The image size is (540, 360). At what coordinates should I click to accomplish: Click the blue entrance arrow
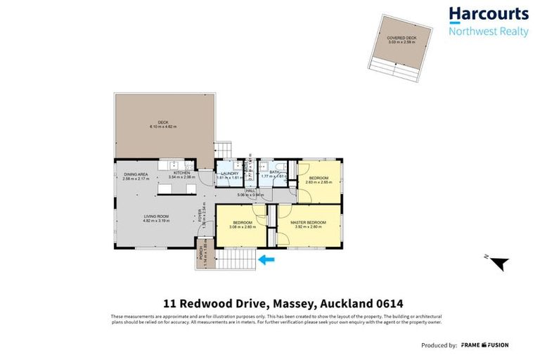tap(267, 259)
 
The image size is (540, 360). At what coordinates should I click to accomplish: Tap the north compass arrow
tap(498, 264)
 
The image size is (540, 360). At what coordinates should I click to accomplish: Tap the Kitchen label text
tap(183, 173)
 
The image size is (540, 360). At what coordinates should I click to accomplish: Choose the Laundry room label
tap(230, 174)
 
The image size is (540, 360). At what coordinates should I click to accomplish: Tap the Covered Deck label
tap(401, 37)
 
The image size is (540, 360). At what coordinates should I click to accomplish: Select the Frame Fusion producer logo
tap(485, 345)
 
